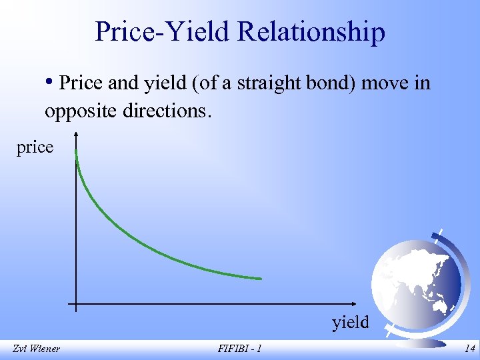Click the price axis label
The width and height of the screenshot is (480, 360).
(x=35, y=147)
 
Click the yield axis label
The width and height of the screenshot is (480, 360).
(x=350, y=323)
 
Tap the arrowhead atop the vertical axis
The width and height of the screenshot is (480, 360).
(x=77, y=136)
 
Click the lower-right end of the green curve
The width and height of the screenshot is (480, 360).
(x=260, y=278)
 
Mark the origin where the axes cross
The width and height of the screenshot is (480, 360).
(x=77, y=305)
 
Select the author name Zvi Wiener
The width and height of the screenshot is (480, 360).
(x=35, y=348)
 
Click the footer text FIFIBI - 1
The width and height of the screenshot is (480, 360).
(x=239, y=348)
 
